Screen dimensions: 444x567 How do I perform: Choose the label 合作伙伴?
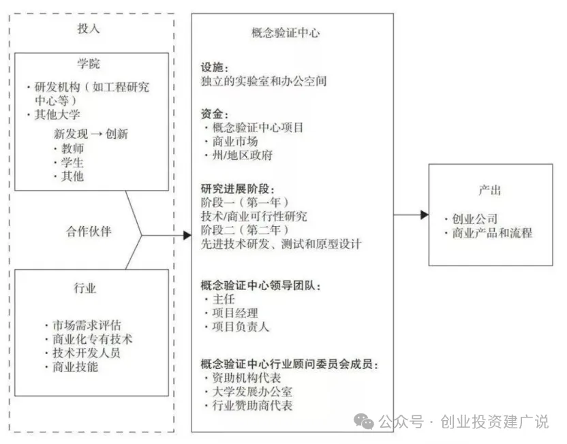pyautogui.click(x=89, y=230)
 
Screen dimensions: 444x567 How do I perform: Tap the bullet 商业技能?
pyautogui.click(x=75, y=367)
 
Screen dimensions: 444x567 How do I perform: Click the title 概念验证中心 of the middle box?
pyautogui.click(x=286, y=33)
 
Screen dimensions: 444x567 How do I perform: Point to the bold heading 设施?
pyautogui.click(x=215, y=68)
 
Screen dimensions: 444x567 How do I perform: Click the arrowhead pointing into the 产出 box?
pyautogui.click(x=424, y=215)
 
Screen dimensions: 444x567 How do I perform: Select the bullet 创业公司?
pyautogui.click(x=474, y=219)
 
